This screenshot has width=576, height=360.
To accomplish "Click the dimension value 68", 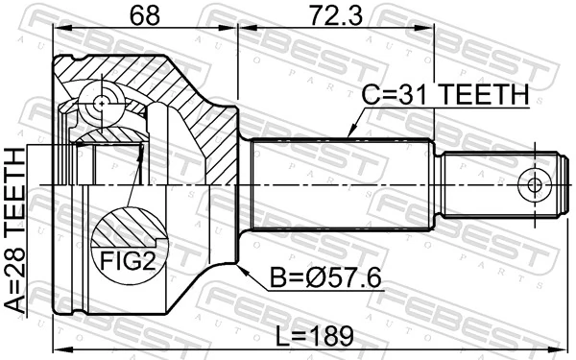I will coord(144,16).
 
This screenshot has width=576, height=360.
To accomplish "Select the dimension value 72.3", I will coord(336,16).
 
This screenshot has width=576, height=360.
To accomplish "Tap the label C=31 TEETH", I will coord(445,95).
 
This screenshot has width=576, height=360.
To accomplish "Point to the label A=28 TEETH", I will coord(16,229).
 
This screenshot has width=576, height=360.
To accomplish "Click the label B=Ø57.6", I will coord(327,278).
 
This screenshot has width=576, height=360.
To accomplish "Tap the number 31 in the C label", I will coord(405,95).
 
